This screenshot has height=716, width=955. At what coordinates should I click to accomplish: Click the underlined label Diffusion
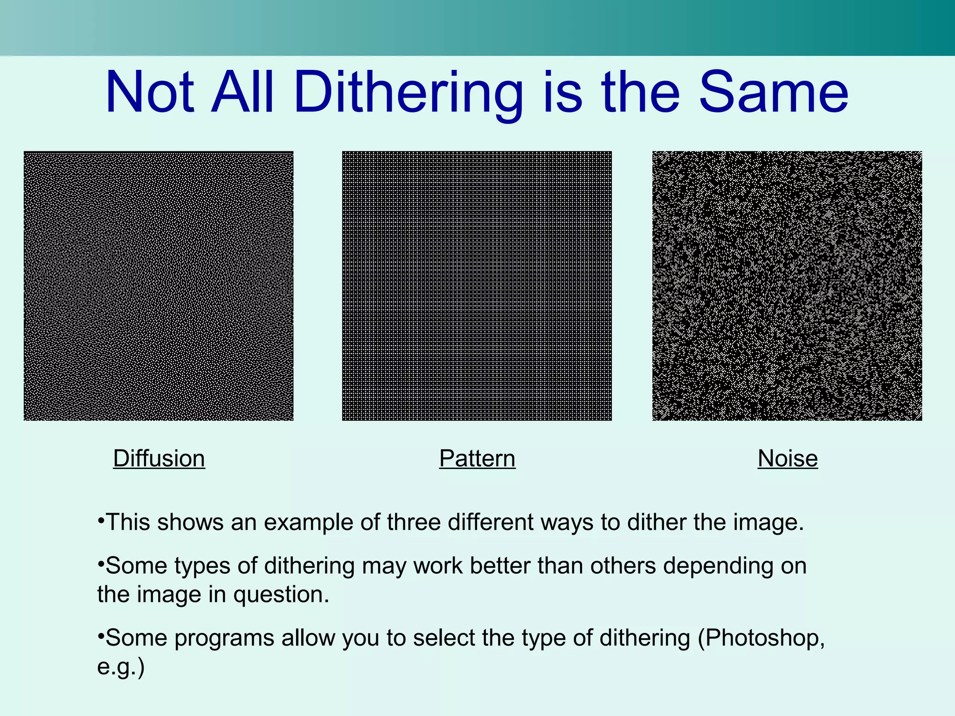pos(159,459)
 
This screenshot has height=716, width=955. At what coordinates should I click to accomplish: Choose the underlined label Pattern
pos(477,459)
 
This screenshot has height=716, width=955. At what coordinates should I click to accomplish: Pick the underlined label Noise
pos(788,459)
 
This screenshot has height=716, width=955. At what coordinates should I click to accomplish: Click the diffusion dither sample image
pos(159,286)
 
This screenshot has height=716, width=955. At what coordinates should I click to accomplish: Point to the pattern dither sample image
pos(477,286)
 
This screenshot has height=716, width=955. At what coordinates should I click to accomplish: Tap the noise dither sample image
pos(787,286)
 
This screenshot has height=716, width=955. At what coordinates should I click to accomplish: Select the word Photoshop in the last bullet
pos(762,638)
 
